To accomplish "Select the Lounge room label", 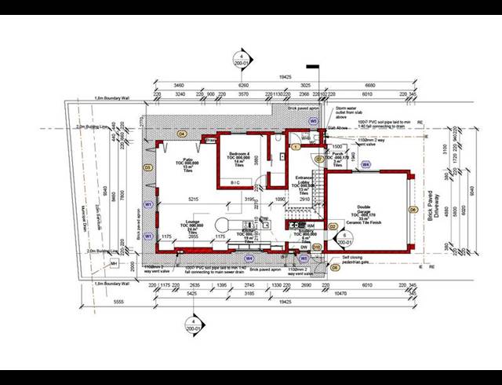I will coord(191,225).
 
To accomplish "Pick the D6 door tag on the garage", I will coord(413,211).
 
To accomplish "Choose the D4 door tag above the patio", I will coord(181,134).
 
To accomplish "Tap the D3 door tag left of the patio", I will coord(147,167).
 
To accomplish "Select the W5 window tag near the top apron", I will coord(312,122).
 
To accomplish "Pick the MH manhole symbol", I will coord(114,264).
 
